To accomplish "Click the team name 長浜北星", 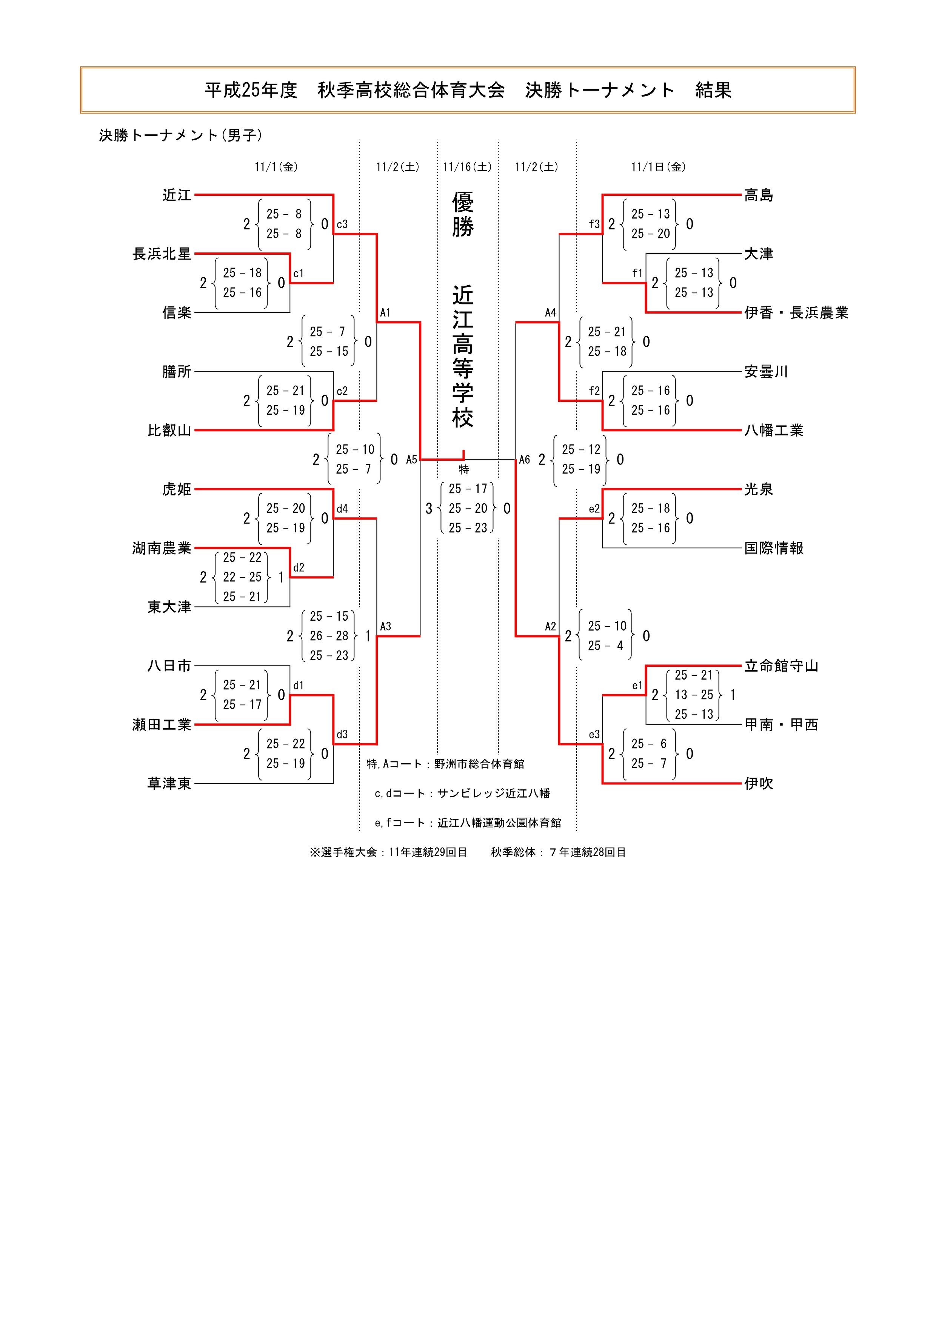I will pyautogui.click(x=162, y=254).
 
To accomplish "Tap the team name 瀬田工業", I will pyautogui.click(x=162, y=724).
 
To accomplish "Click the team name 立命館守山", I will pyautogui.click(x=781, y=666).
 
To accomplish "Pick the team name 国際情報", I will pyautogui.click(x=773, y=548).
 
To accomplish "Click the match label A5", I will pyautogui.click(x=411, y=460).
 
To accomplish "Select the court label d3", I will pyautogui.click(x=342, y=734).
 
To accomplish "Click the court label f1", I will pyautogui.click(x=637, y=273).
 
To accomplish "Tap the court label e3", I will pyautogui.click(x=594, y=734).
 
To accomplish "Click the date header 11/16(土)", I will pyautogui.click(x=467, y=167).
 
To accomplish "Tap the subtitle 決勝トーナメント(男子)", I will pyautogui.click(x=180, y=135).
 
